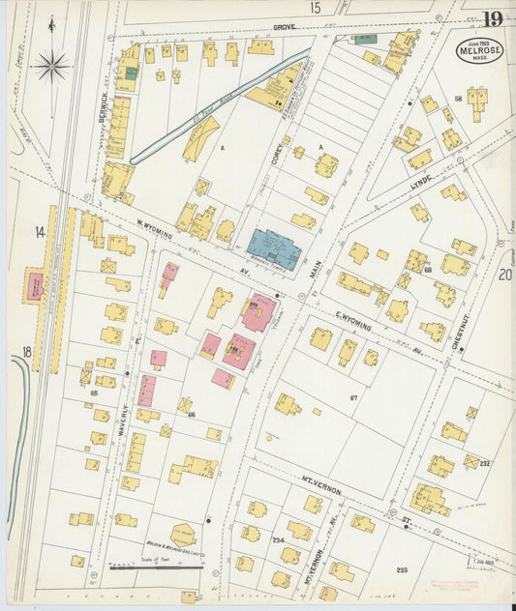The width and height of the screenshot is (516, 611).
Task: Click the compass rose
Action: tap(50, 67)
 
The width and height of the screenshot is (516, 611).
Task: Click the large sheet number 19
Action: tap(493, 17)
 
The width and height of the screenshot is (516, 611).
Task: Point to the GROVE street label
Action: tap(284, 28)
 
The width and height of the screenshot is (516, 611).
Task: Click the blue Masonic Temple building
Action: tap(274, 248)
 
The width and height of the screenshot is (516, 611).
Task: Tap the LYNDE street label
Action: tap(420, 181)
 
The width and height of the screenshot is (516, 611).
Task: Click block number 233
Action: tap(402, 570)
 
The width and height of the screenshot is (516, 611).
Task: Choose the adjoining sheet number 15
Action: tap(315, 8)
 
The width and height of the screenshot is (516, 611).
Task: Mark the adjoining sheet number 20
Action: tap(504, 275)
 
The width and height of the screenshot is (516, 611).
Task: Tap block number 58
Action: tap(457, 99)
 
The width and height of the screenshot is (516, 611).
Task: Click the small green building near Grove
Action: tap(364, 39)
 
